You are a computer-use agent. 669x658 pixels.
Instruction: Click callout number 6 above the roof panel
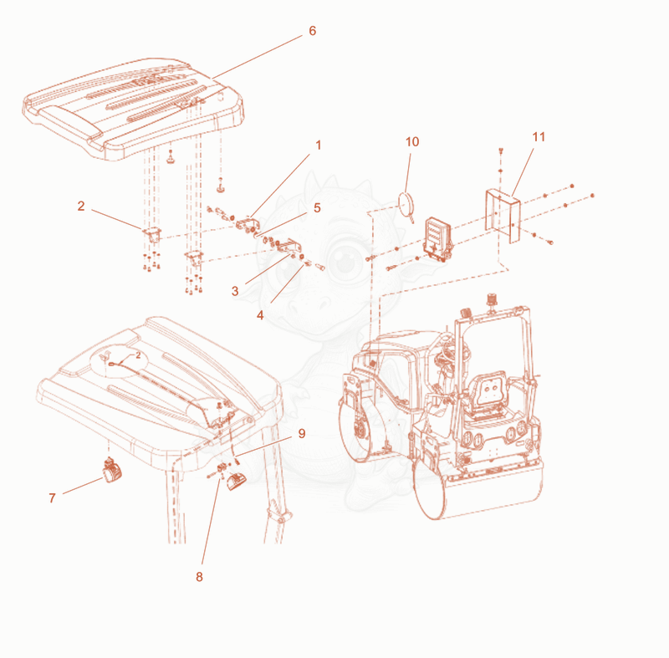tap(312, 31)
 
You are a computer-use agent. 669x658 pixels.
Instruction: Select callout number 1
tap(318, 145)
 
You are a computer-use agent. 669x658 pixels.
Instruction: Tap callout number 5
tap(317, 207)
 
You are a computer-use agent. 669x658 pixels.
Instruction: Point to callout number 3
tap(235, 291)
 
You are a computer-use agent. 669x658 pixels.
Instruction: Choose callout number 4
tap(260, 315)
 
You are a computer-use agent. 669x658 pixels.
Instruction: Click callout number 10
tap(412, 141)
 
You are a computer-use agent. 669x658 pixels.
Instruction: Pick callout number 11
tap(539, 137)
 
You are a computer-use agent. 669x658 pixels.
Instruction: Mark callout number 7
tap(52, 497)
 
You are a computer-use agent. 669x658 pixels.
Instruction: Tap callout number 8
tap(199, 577)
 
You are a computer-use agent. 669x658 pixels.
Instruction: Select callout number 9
tap(302, 433)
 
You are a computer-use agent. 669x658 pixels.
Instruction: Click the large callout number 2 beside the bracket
tap(81, 206)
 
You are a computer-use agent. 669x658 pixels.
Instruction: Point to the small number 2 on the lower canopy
tap(138, 355)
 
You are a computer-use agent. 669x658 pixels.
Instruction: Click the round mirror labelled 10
tap(406, 203)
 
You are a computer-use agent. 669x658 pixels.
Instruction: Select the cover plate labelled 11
tap(503, 216)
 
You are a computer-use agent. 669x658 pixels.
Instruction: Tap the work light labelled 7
tap(112, 471)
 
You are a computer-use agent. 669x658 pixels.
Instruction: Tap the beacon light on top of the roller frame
tap(492, 299)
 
